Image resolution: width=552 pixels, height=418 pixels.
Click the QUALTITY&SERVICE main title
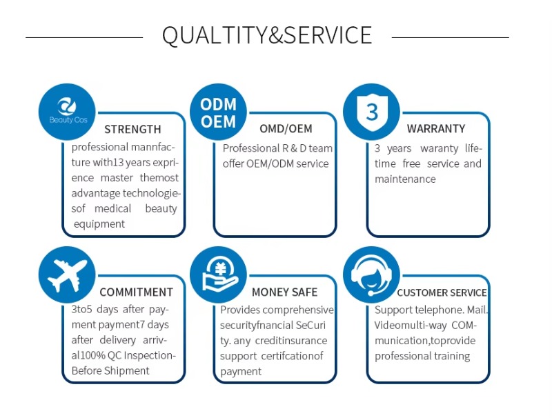(x=267, y=35)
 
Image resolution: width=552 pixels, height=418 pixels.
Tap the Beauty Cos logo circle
(x=67, y=110)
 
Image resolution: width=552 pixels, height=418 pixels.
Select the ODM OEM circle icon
(x=218, y=112)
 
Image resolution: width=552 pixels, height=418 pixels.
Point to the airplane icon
(x=67, y=275)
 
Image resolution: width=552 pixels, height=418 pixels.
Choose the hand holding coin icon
(x=218, y=275)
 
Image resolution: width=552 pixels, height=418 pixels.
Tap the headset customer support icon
(x=371, y=275)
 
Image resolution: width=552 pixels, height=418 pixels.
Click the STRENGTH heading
(x=132, y=129)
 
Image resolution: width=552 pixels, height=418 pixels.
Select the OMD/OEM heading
(x=286, y=128)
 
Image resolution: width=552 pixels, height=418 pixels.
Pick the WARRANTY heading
(x=435, y=128)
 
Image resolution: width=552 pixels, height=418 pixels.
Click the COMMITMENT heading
(x=136, y=292)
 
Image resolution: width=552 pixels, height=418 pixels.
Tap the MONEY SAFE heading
(x=284, y=292)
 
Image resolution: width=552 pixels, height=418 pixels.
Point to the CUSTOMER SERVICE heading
(x=442, y=292)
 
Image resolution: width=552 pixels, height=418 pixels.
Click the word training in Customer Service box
(x=451, y=356)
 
